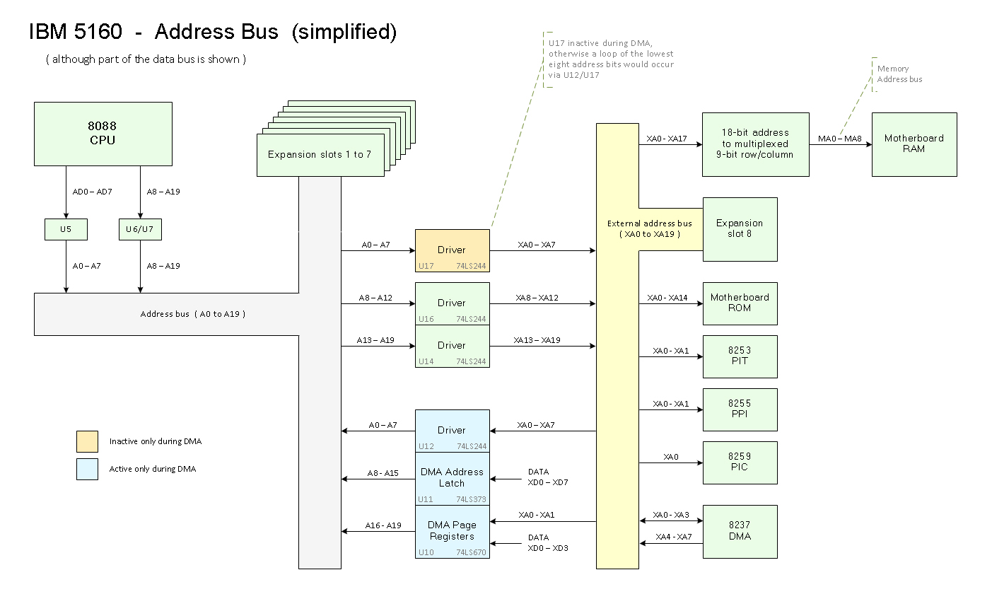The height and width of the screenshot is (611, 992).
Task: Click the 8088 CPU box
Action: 103,134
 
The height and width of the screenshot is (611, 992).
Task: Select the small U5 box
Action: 66,229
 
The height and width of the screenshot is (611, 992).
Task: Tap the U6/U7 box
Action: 140,229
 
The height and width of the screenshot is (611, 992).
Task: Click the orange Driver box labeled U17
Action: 452,250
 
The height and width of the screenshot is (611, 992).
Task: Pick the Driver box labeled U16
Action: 452,303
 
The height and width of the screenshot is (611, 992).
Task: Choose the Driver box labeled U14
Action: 452,345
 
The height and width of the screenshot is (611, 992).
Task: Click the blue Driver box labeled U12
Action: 452,430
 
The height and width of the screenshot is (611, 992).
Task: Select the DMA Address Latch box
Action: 452,477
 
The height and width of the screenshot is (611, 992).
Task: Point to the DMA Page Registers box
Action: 452,530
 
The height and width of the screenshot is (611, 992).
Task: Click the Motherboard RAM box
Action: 914,144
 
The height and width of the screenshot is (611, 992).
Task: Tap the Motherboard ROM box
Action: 740,303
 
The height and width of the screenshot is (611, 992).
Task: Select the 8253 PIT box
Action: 740,356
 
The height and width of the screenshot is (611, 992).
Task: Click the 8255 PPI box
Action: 740,409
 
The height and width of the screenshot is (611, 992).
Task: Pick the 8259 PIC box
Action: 740,462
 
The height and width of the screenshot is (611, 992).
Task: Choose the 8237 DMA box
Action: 740,531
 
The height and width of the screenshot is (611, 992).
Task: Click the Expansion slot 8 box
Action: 740,228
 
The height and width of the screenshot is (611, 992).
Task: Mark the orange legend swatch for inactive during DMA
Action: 87,441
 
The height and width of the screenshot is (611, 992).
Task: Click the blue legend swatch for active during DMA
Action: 87,469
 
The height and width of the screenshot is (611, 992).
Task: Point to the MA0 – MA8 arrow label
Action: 840,139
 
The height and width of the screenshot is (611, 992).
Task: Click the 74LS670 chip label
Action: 471,552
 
